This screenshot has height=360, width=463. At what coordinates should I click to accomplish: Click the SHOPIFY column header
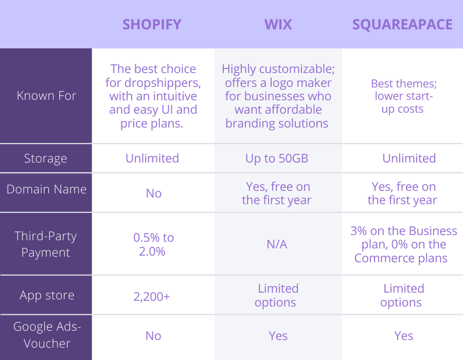[152, 25]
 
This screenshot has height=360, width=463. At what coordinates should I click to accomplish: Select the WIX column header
[278, 25]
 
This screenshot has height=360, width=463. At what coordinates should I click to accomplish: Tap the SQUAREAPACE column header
[402, 25]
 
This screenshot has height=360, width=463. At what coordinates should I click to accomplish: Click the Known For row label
[46, 96]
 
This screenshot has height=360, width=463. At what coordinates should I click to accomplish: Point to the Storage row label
[45, 159]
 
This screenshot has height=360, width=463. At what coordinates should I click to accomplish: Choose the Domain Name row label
[46, 189]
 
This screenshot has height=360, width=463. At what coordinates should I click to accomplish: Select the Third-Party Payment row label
[45, 244]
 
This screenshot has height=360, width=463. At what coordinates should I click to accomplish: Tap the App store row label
[47, 295]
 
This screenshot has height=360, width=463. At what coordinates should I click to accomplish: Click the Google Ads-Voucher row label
[47, 335]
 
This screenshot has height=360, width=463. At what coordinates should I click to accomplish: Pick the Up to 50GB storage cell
[277, 159]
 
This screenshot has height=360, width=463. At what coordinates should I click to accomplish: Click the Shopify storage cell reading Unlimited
[152, 158]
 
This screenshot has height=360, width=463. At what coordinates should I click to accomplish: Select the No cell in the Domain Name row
[153, 193]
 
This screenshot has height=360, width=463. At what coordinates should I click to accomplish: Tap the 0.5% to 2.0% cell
[153, 244]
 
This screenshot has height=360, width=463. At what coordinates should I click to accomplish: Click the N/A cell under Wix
[277, 244]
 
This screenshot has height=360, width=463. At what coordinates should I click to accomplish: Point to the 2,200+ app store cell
[152, 297]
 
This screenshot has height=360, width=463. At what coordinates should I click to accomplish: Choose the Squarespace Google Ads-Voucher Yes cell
[404, 336]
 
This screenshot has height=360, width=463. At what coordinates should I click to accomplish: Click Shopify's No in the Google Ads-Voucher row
[153, 336]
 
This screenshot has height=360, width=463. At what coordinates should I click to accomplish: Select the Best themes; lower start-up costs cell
[404, 96]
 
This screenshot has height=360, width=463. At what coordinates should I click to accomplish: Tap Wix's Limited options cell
[277, 295]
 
